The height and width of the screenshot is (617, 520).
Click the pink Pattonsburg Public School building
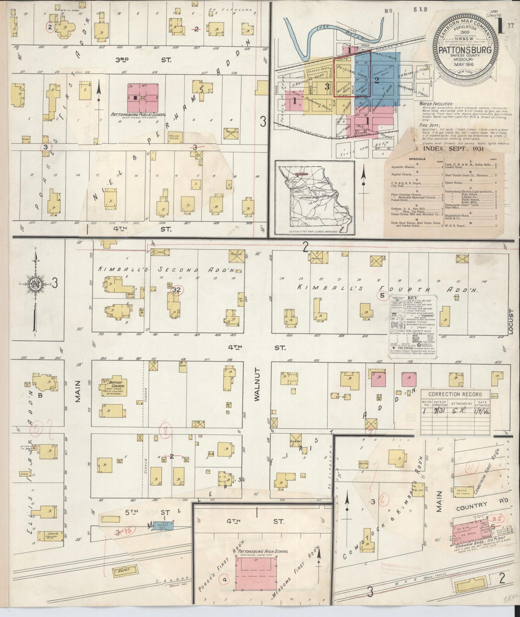[143, 98]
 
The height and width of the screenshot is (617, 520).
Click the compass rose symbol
[36, 284]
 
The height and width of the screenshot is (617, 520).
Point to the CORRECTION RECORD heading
[456, 394]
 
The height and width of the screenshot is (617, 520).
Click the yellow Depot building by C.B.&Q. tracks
[125, 571]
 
